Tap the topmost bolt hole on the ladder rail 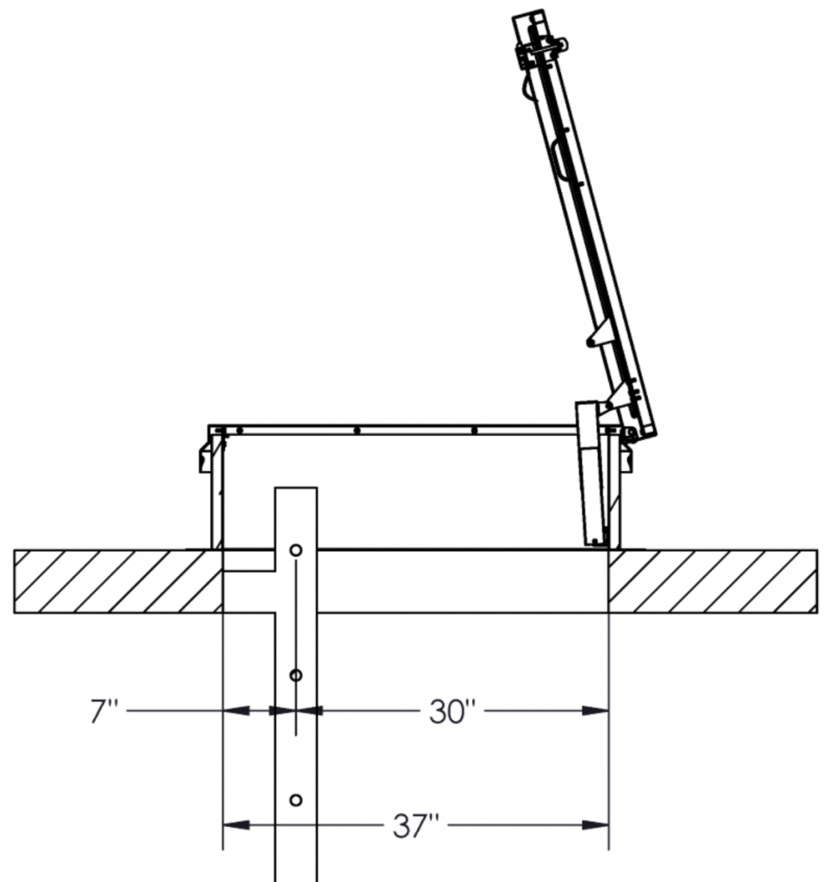click(296, 550)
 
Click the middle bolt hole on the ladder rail click(296, 676)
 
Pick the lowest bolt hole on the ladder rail click(296, 800)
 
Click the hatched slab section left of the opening click(116, 581)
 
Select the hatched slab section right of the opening click(711, 581)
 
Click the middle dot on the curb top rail click(357, 430)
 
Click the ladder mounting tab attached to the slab click(250, 562)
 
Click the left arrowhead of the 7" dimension click(238, 711)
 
